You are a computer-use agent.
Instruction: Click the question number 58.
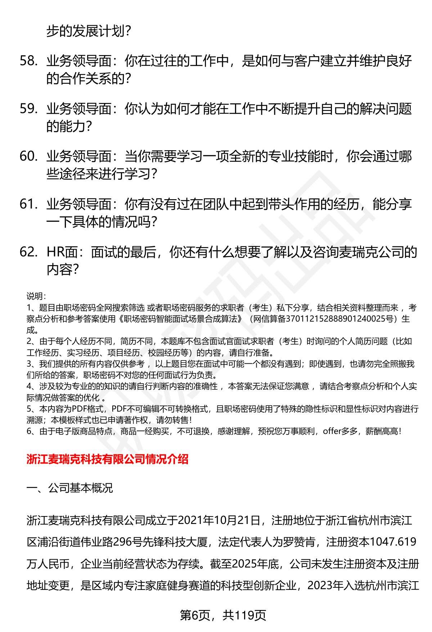pyautogui.click(x=28, y=62)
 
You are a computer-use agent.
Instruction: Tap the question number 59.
pyautogui.click(x=28, y=109)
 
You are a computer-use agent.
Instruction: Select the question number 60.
pyautogui.click(x=28, y=157)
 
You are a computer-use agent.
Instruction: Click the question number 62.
pyautogui.click(x=28, y=252)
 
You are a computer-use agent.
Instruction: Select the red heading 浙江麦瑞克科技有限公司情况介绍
pyautogui.click(x=107, y=459)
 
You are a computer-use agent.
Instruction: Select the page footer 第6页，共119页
pyautogui.click(x=222, y=615)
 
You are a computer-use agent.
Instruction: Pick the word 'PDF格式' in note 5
pyautogui.click(x=85, y=409)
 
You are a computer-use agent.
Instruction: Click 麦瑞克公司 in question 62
pyautogui.click(x=374, y=252)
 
